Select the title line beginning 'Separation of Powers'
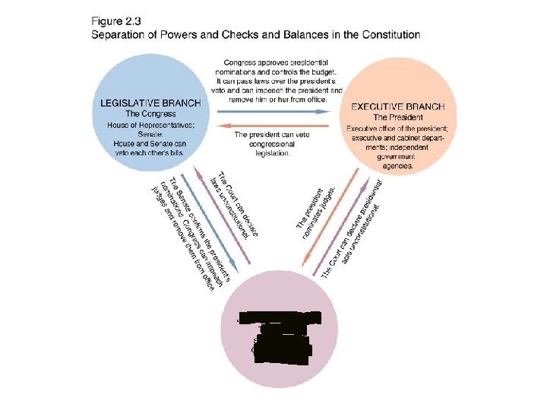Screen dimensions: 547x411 pos(255,34)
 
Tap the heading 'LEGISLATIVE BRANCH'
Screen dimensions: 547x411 pos(150,103)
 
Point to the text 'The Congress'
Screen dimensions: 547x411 pos(150,113)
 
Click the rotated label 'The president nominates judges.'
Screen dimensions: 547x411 pos(310,206)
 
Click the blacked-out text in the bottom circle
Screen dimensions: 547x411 pos(278,335)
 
